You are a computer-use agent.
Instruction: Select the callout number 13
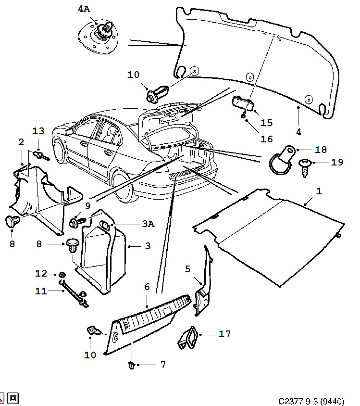(38, 132)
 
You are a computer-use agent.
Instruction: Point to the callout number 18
(321, 150)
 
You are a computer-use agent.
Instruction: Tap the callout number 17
(225, 333)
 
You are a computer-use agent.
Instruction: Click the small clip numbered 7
(132, 365)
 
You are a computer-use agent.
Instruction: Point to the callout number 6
(147, 287)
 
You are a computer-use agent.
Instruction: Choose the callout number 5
(188, 269)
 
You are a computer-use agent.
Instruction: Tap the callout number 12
(40, 273)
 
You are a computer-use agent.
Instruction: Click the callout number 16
(267, 139)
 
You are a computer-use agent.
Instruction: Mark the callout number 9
(88, 205)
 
